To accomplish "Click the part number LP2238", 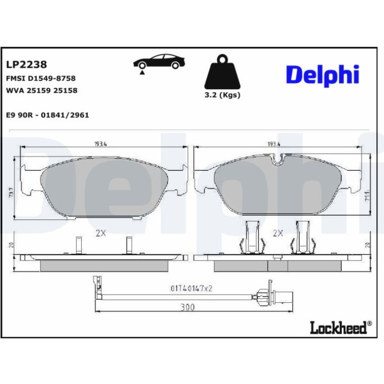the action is click(26, 64).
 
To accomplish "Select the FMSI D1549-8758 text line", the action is click(41, 78).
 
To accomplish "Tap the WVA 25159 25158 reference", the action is click(41, 90).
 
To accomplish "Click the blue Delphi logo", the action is click(323, 75).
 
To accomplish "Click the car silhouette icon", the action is click(159, 61).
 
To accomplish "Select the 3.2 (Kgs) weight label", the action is click(222, 95).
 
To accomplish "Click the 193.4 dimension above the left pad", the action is click(101, 144).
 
